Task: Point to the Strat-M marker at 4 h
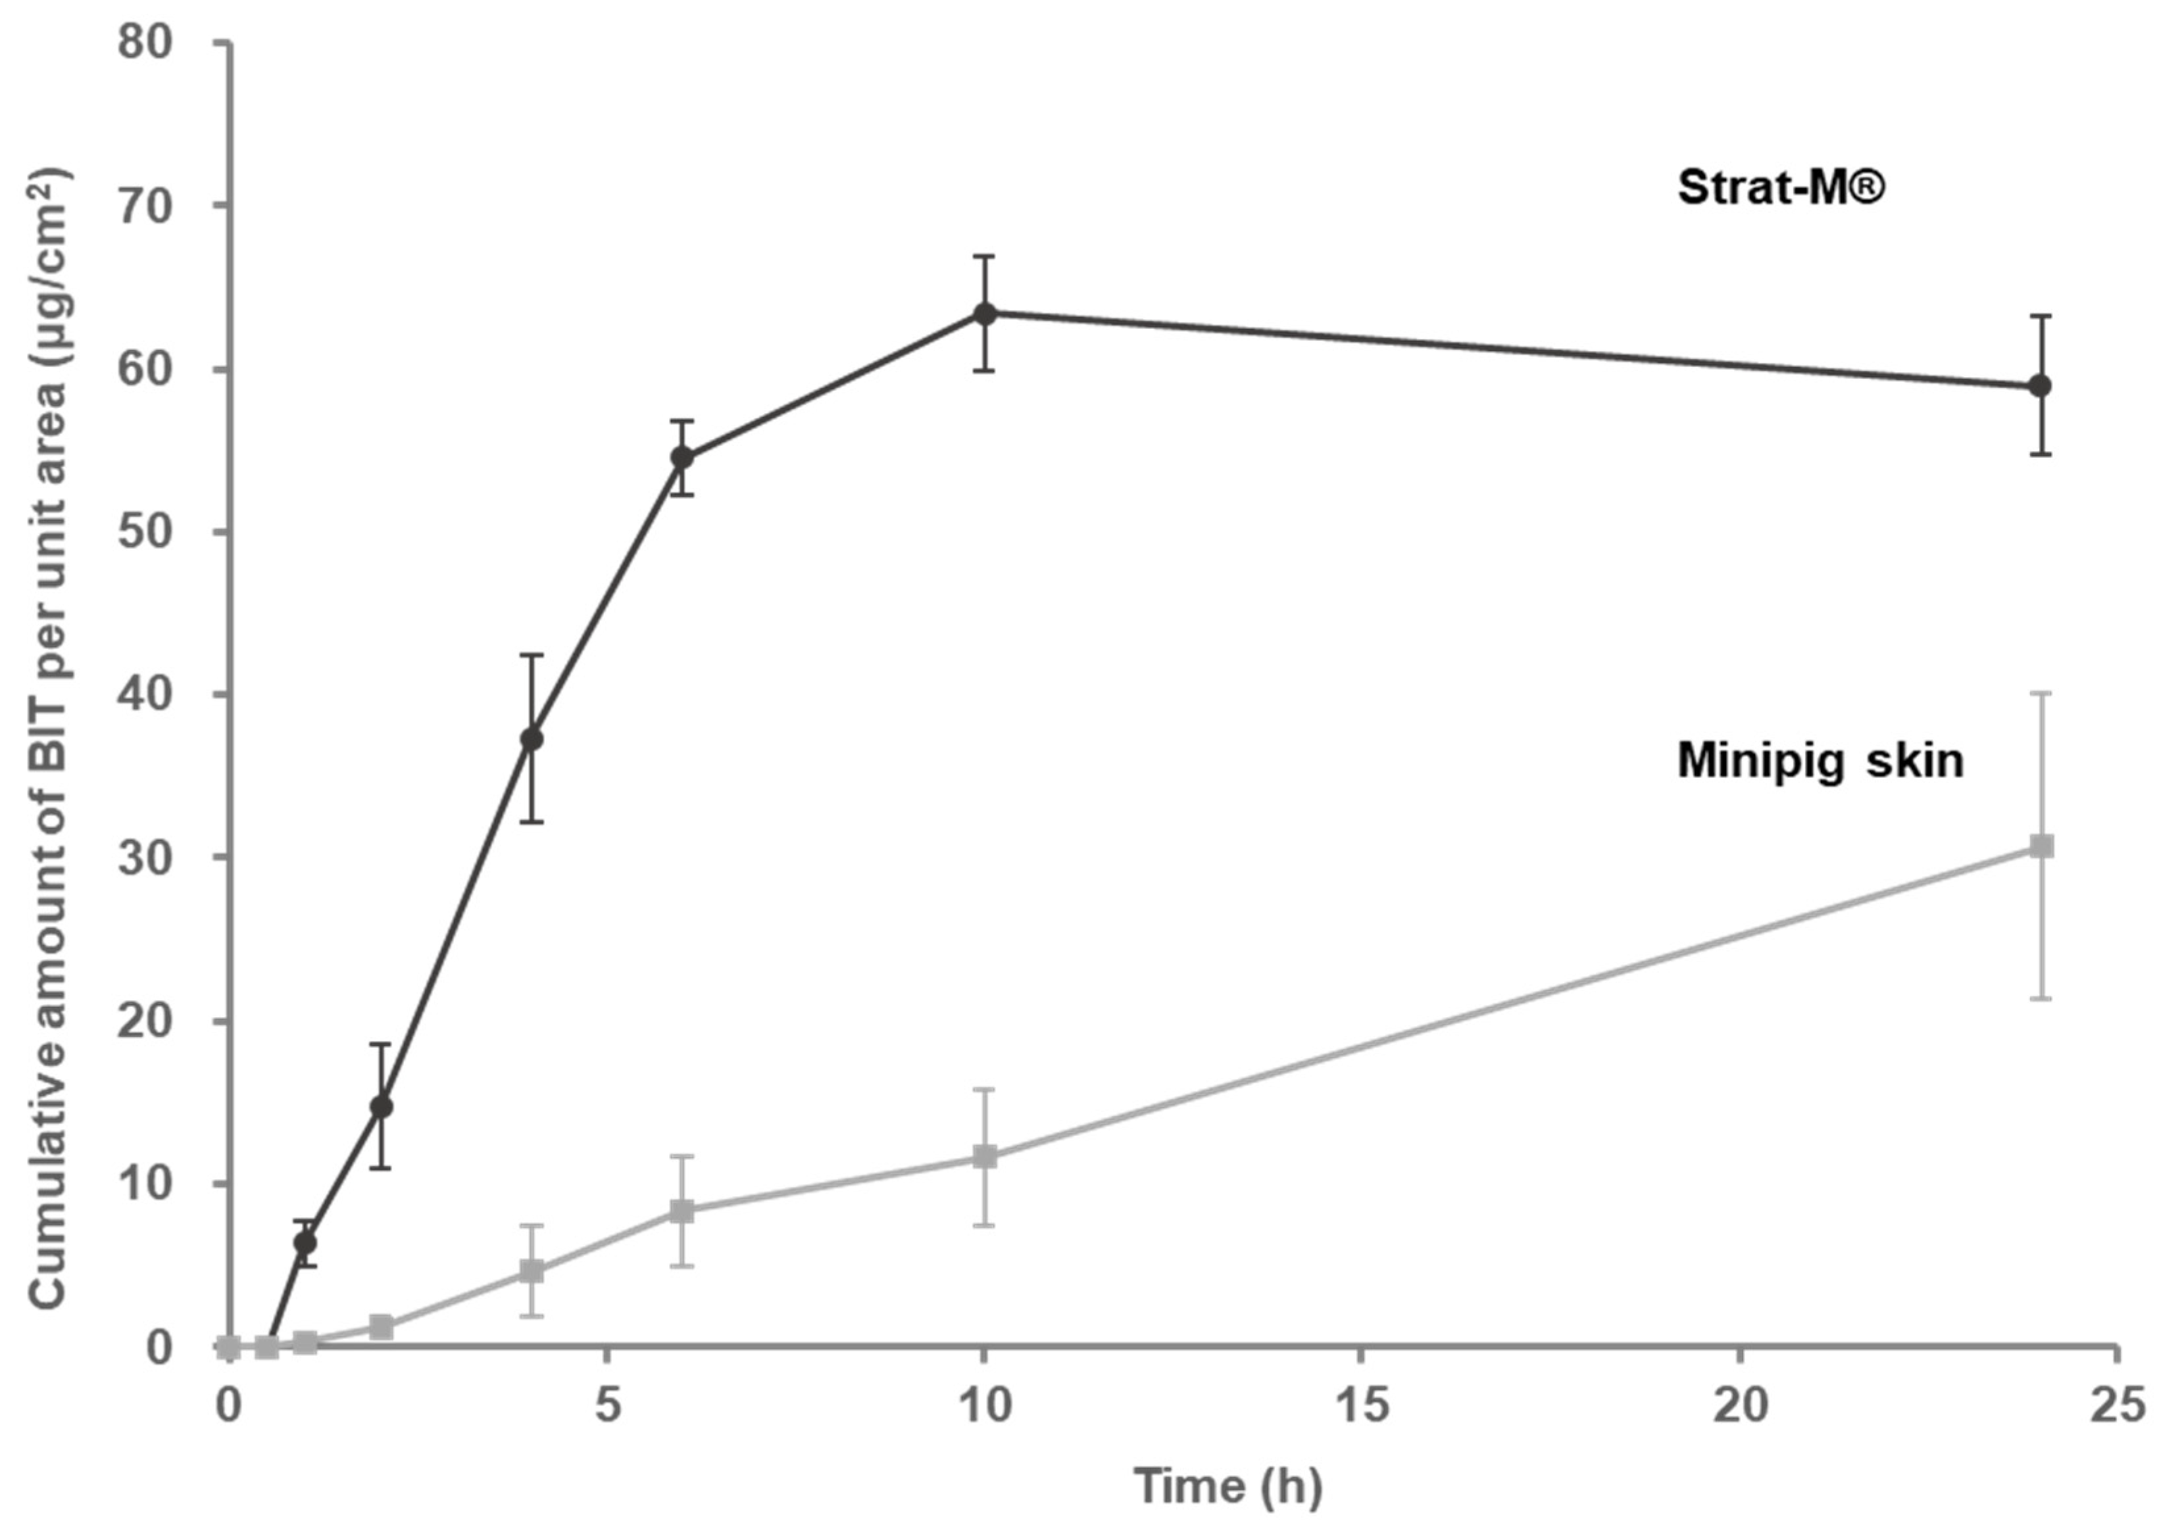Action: (x=532, y=739)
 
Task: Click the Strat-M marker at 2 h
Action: (x=381, y=1107)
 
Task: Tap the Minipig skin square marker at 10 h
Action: (x=985, y=1157)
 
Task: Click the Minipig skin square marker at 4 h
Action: (x=532, y=1271)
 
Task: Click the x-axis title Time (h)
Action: (x=1228, y=1487)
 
